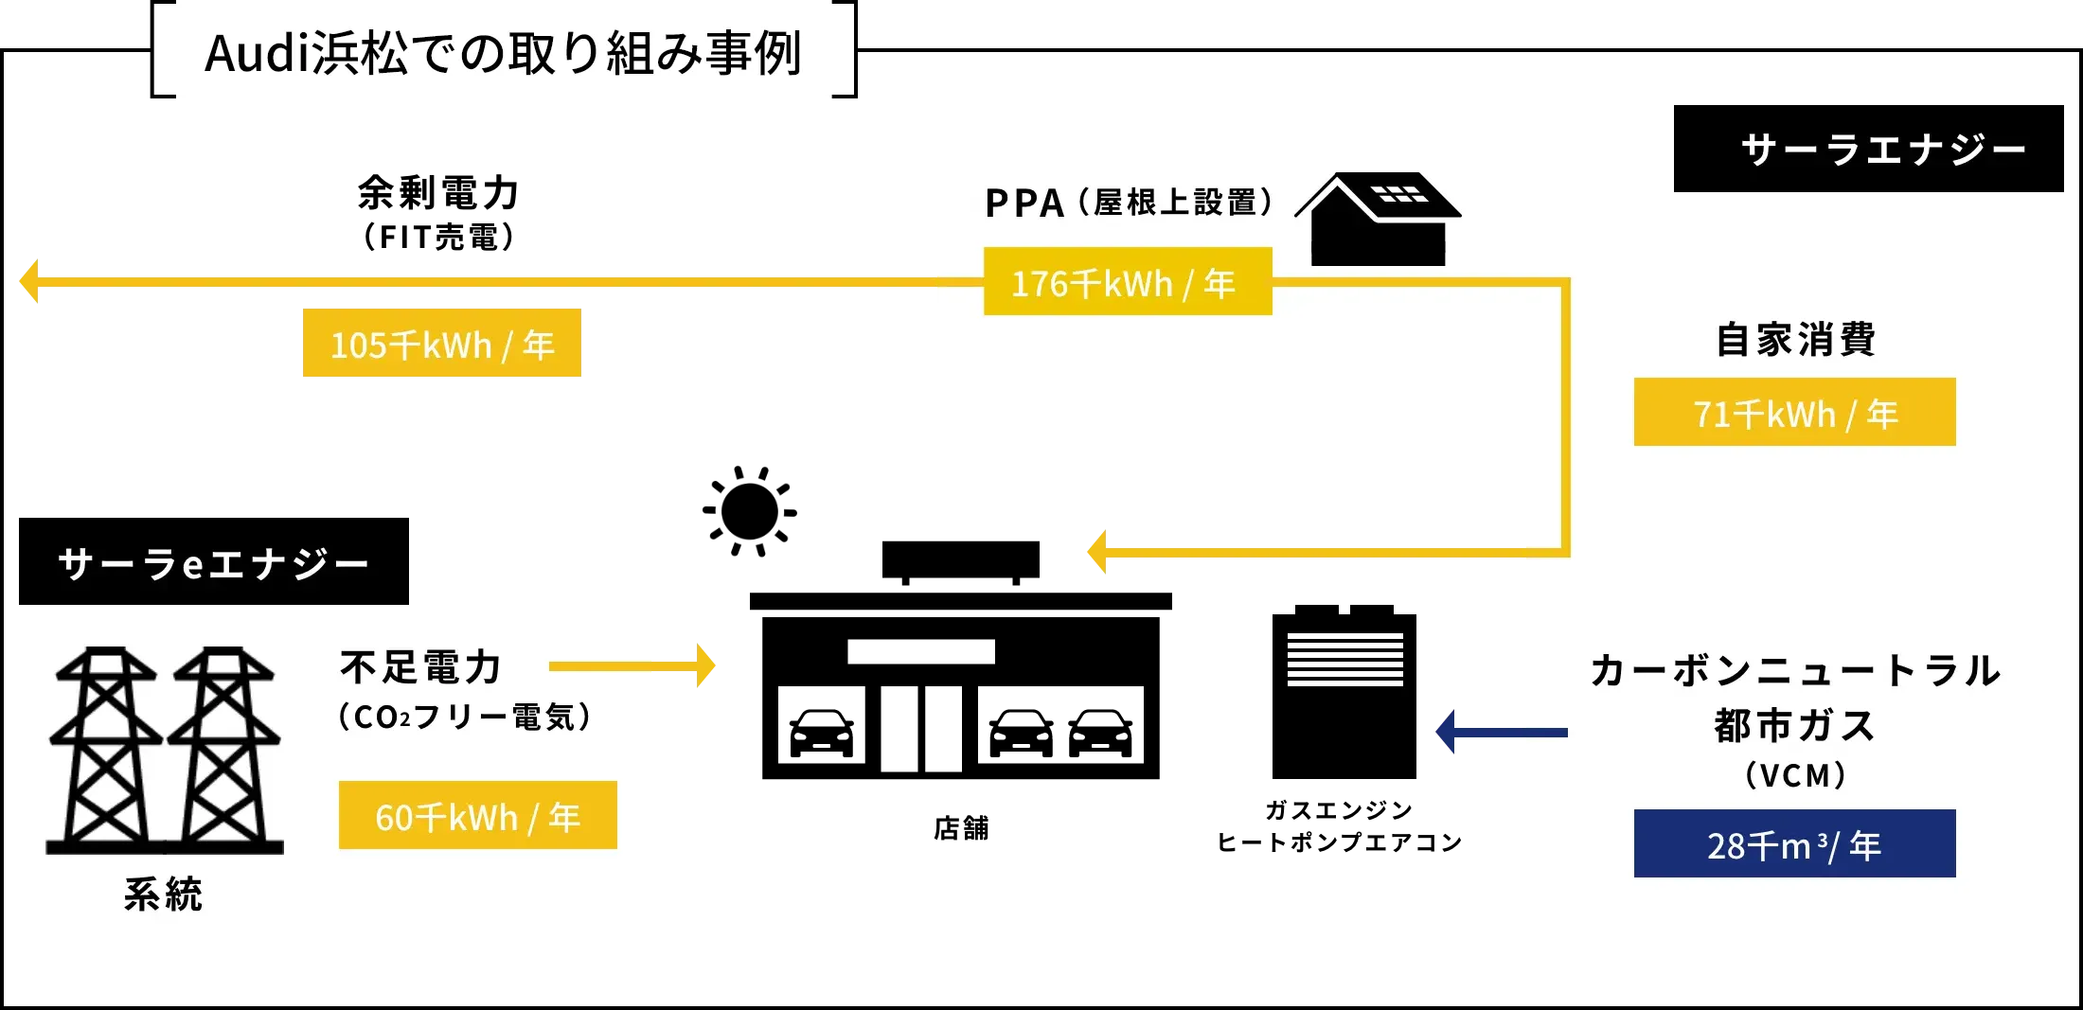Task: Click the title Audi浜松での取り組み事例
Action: click(x=503, y=52)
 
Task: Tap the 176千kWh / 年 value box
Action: click(x=1127, y=282)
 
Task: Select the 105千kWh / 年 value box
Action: click(x=442, y=343)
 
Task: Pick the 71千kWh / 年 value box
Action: click(x=1794, y=413)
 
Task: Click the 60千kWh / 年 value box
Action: click(x=477, y=816)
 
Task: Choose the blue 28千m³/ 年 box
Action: click(x=1794, y=843)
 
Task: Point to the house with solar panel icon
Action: click(x=1378, y=220)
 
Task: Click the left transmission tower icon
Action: click(x=106, y=748)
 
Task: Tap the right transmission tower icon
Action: click(x=223, y=748)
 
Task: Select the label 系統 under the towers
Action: click(x=163, y=895)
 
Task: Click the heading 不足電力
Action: click(x=421, y=667)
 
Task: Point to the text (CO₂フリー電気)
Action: click(x=465, y=717)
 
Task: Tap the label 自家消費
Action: click(x=1795, y=339)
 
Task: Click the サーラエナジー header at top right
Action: click(x=1882, y=150)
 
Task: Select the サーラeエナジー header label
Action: click(x=213, y=564)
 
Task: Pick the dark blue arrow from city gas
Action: click(x=1501, y=732)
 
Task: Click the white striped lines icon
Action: click(x=1344, y=660)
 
